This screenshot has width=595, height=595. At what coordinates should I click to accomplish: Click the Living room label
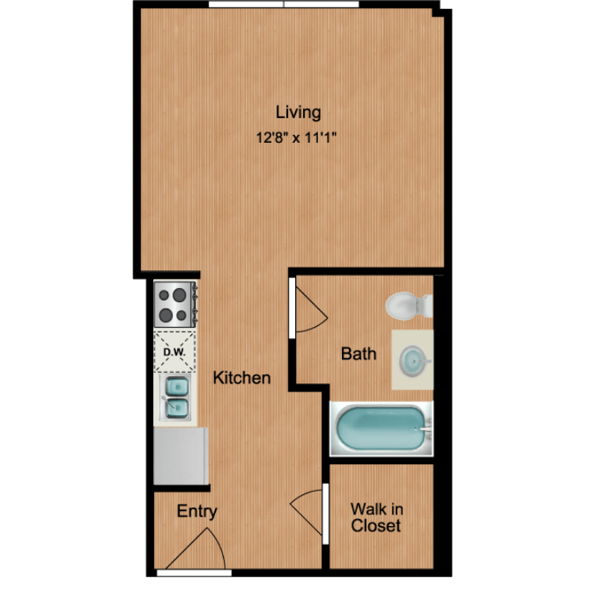298,113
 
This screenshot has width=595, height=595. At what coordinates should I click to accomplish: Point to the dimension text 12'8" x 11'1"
297,137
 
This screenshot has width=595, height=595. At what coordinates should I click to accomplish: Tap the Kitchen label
242,378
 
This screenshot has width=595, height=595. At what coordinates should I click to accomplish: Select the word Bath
359,354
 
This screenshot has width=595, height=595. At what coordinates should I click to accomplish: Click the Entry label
197,512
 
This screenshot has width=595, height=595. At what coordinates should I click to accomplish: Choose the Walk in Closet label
376,517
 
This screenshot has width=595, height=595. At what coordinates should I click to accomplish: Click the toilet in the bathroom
409,305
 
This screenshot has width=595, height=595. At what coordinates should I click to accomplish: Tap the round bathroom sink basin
413,359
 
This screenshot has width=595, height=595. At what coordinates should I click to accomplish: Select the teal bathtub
382,428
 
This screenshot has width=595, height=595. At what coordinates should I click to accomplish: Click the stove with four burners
175,304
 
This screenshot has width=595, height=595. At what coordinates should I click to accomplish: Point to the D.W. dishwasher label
175,351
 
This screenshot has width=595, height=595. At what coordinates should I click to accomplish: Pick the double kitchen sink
175,398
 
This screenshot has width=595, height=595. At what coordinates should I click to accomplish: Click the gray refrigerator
181,455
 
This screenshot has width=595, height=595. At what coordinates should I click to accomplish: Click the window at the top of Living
283,4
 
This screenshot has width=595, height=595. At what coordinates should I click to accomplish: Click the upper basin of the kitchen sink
177,387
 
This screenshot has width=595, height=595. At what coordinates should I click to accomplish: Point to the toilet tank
428,305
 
